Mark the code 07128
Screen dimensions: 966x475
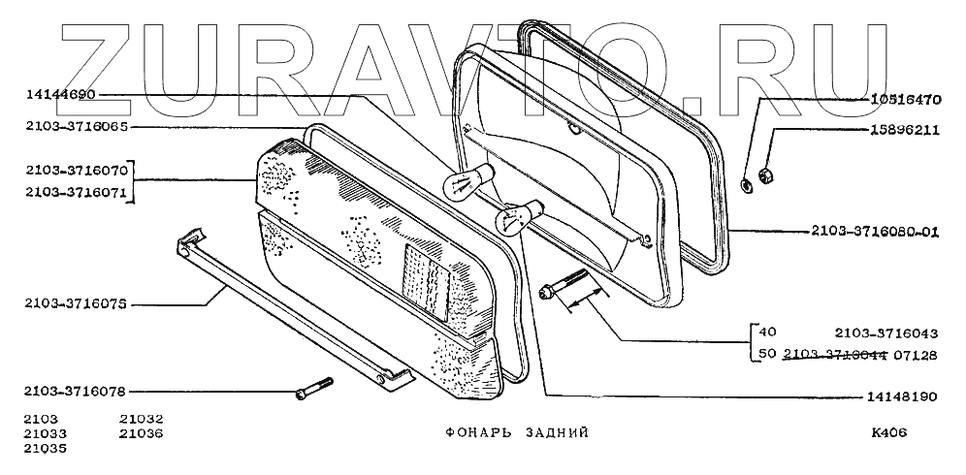point(916,355)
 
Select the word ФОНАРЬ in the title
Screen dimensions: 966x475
point(458,432)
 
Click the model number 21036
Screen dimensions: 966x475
point(142,433)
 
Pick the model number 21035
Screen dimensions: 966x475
point(43,449)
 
